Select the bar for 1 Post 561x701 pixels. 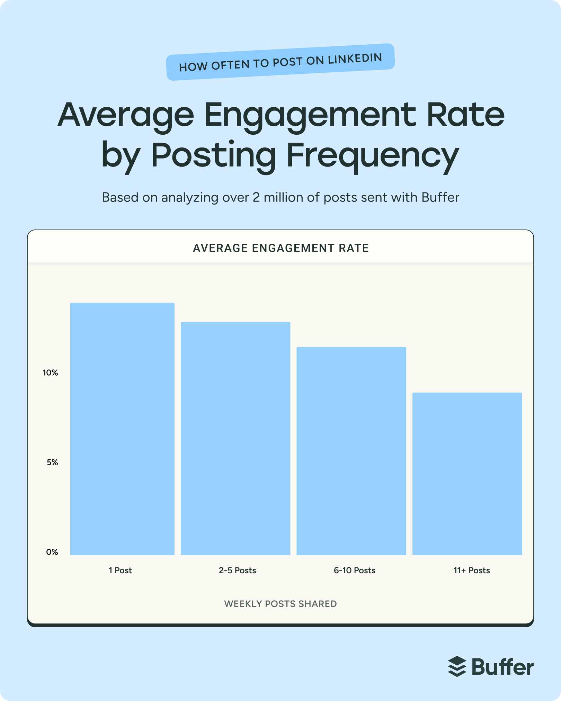click(x=122, y=429)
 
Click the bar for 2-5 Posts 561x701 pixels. click(x=235, y=439)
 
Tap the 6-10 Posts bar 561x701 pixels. click(x=351, y=451)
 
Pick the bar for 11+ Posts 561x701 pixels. click(x=467, y=474)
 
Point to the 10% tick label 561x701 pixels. click(x=50, y=373)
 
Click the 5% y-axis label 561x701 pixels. click(x=52, y=462)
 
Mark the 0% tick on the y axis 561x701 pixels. click(x=52, y=552)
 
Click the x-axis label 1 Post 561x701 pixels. click(x=120, y=570)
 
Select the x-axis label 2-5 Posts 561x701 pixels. click(x=238, y=570)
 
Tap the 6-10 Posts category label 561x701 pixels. click(x=355, y=570)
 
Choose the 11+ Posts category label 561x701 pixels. click(x=472, y=570)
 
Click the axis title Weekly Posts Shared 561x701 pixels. click(x=280, y=604)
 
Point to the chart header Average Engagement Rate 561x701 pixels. click(x=281, y=248)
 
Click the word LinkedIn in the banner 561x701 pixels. click(x=355, y=59)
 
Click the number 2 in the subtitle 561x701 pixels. click(x=256, y=197)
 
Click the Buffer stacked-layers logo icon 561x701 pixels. click(x=457, y=666)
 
